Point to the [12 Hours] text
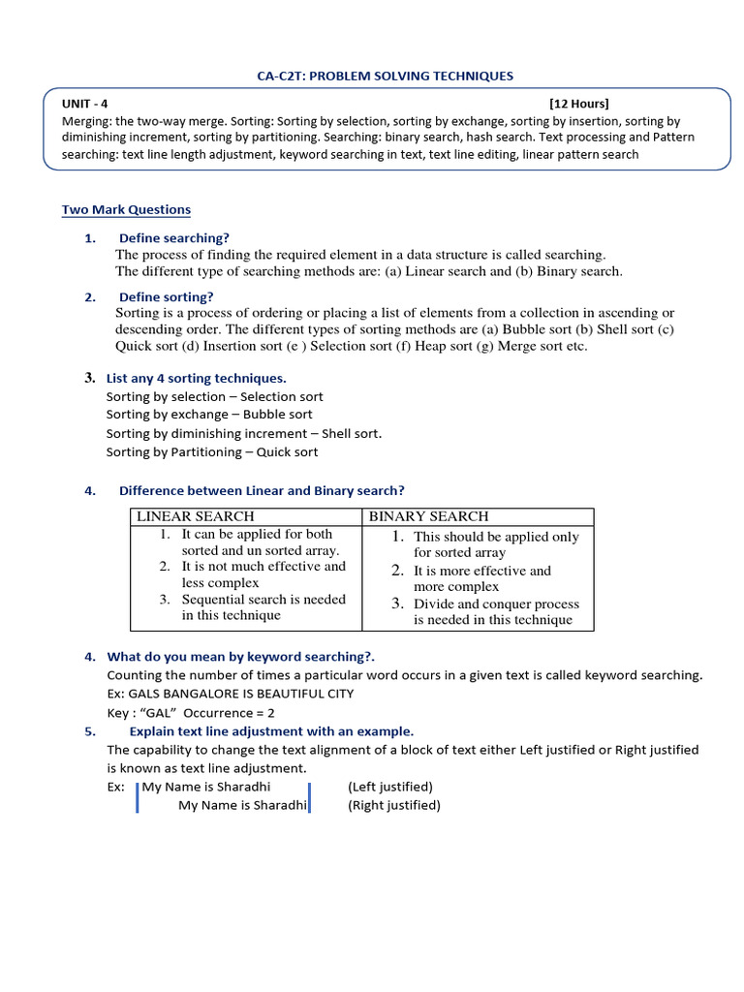[579, 104]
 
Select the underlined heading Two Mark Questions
[126, 209]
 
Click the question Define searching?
[174, 238]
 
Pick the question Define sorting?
[167, 296]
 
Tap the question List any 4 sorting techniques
[196, 378]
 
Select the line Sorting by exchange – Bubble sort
[209, 415]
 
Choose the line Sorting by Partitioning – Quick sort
[212, 451]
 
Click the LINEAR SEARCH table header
[196, 516]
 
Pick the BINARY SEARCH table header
[429, 516]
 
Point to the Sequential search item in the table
[263, 600]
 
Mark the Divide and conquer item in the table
[496, 604]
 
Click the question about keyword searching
[240, 657]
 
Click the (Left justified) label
[390, 787]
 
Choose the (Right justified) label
[394, 805]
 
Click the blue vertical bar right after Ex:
[137, 796]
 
